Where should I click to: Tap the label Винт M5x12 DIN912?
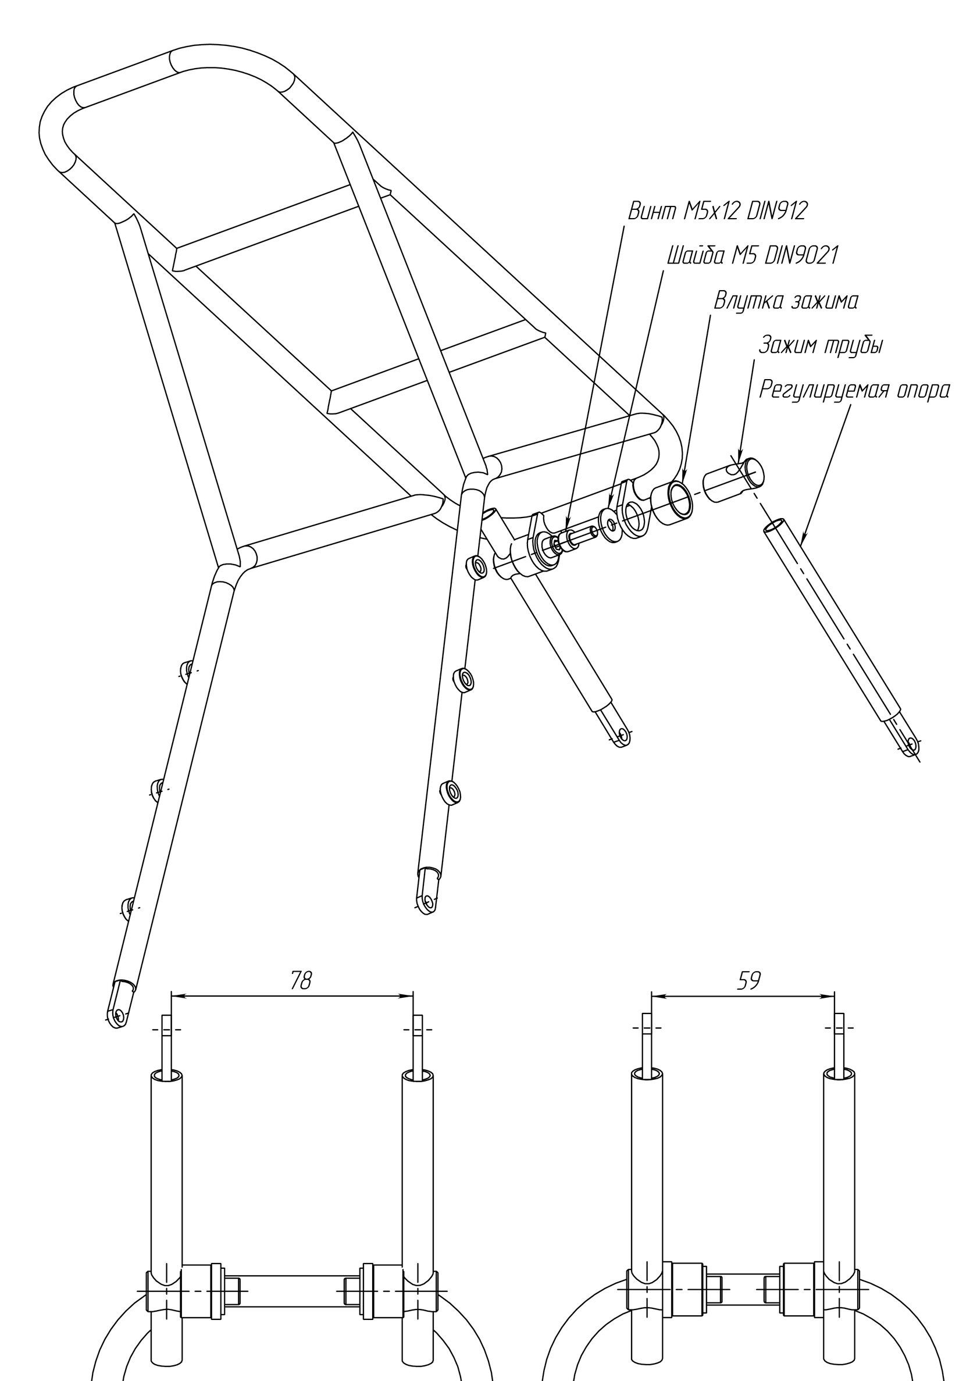tap(716, 211)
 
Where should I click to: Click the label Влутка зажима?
tap(786, 301)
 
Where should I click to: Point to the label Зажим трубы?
tap(821, 346)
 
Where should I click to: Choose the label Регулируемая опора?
tap(854, 391)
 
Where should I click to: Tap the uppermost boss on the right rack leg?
tap(479, 566)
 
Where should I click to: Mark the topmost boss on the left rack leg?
tap(188, 668)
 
